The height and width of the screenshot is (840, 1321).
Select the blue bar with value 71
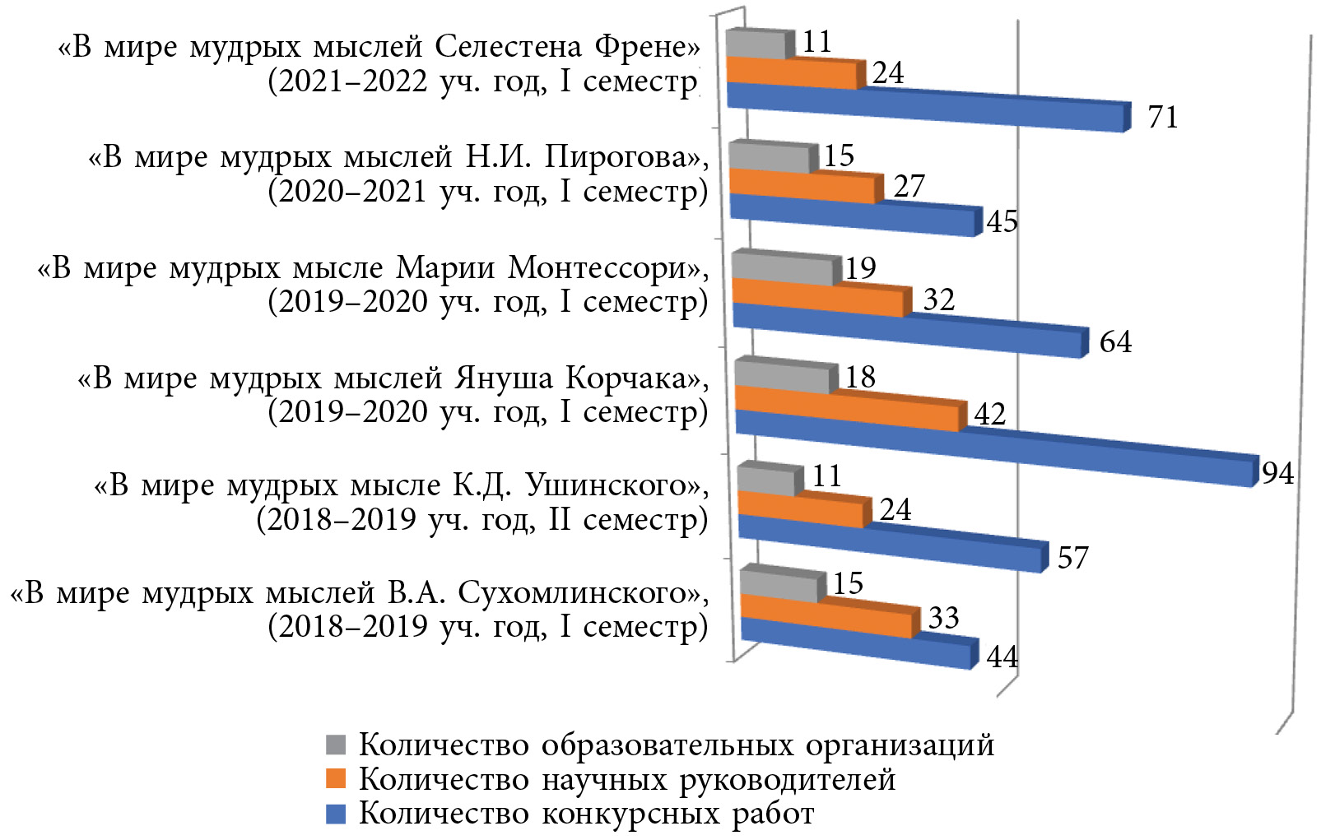(x=926, y=106)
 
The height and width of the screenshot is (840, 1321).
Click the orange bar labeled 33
(x=827, y=615)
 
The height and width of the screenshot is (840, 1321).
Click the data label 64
(x=1115, y=341)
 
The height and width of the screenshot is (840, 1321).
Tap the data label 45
(x=1002, y=221)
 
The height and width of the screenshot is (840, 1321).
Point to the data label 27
(x=909, y=187)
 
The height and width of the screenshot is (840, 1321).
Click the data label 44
(x=1002, y=657)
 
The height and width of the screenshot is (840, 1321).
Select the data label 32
(x=938, y=299)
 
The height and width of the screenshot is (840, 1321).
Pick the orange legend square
(x=336, y=778)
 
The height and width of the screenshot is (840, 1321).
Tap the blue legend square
(x=336, y=814)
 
